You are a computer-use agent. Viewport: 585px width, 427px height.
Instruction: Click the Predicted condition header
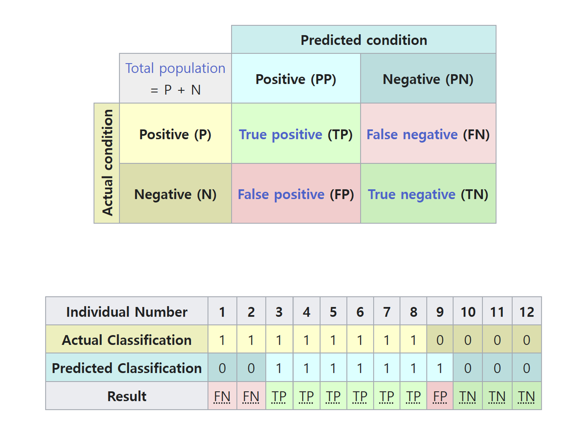(x=364, y=40)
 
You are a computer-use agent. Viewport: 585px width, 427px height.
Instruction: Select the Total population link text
(x=175, y=68)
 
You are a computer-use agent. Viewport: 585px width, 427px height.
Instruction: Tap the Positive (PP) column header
(x=296, y=79)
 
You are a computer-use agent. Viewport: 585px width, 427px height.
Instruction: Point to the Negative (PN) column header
(x=428, y=79)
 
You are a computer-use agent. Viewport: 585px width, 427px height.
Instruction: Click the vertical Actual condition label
(x=107, y=162)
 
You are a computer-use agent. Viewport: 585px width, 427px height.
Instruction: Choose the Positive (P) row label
(x=175, y=134)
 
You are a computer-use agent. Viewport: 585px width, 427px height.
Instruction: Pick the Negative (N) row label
(x=175, y=195)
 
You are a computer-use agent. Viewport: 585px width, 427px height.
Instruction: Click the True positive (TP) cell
(x=296, y=134)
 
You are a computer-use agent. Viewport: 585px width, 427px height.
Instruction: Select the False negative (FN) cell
(x=428, y=134)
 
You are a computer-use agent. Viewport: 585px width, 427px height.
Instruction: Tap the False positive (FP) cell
(x=296, y=195)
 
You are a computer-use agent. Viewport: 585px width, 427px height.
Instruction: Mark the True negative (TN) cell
(x=428, y=195)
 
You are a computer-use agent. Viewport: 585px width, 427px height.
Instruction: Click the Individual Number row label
(x=127, y=312)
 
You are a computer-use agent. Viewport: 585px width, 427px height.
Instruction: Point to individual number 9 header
(x=440, y=312)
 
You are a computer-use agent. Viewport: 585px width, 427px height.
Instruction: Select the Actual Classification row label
(x=127, y=340)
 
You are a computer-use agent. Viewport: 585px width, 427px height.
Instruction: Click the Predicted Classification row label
(x=127, y=368)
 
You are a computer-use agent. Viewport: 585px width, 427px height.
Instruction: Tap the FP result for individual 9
(x=440, y=396)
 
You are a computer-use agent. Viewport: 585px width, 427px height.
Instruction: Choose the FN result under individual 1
(x=222, y=396)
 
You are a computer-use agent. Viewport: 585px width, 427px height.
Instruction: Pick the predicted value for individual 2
(x=251, y=368)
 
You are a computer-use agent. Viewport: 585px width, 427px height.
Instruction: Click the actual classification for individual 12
(x=527, y=340)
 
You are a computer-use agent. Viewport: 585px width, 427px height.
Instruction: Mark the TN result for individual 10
(x=468, y=396)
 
